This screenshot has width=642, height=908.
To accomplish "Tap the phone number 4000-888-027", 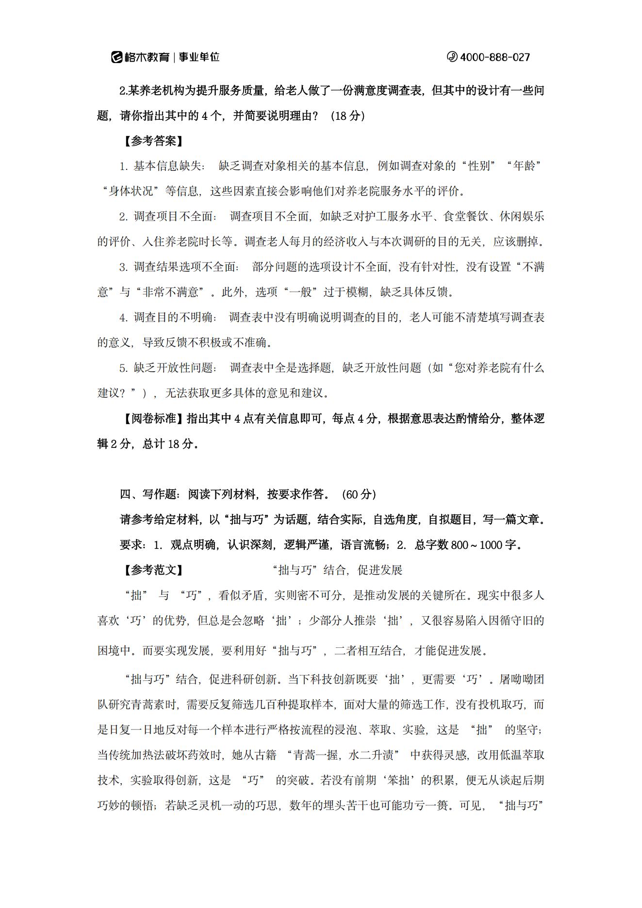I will tap(494, 57).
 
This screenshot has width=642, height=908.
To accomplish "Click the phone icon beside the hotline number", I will tap(452, 57).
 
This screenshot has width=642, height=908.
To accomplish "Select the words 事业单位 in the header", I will tap(199, 57).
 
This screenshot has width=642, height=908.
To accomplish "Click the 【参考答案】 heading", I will tap(153, 141).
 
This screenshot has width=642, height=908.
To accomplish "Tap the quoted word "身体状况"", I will tap(132, 192).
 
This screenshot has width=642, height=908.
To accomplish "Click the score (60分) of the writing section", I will tap(359, 495).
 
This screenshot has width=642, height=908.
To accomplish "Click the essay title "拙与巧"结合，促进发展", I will tap(338, 570).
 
